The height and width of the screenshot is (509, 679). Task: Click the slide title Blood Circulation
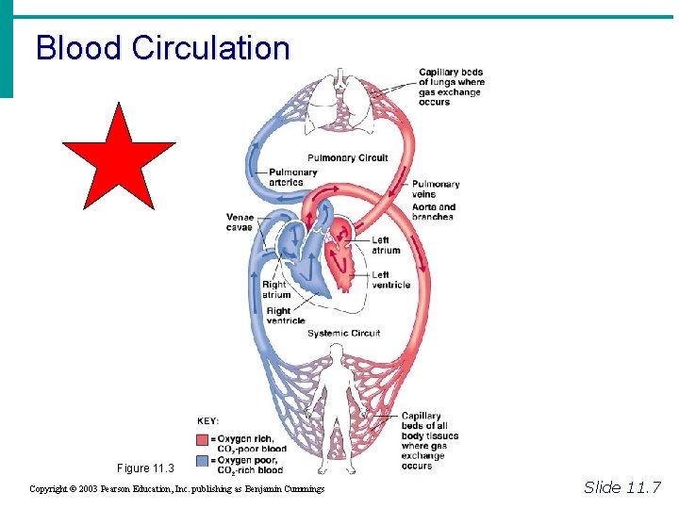[162, 47]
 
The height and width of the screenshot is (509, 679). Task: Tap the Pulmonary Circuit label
[347, 157]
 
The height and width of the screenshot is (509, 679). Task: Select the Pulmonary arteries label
[293, 177]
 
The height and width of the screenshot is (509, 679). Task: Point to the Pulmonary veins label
[435, 189]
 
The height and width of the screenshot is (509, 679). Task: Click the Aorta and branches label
[434, 212]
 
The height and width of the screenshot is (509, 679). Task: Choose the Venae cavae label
[240, 222]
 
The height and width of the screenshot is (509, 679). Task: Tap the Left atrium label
[387, 245]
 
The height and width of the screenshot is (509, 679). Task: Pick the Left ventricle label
[391, 280]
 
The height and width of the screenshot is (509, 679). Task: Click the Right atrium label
[276, 289]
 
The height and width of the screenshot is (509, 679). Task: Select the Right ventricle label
[286, 316]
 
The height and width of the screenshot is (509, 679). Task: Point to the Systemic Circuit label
[343, 333]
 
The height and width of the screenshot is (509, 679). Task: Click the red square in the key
[203, 440]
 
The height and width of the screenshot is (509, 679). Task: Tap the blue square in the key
[203, 461]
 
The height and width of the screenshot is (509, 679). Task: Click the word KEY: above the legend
[208, 421]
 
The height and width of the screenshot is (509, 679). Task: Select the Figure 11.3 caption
[146, 468]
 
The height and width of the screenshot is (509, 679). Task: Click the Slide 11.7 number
[622, 487]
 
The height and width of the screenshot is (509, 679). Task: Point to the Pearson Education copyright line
[177, 489]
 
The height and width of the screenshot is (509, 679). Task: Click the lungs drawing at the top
[343, 99]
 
